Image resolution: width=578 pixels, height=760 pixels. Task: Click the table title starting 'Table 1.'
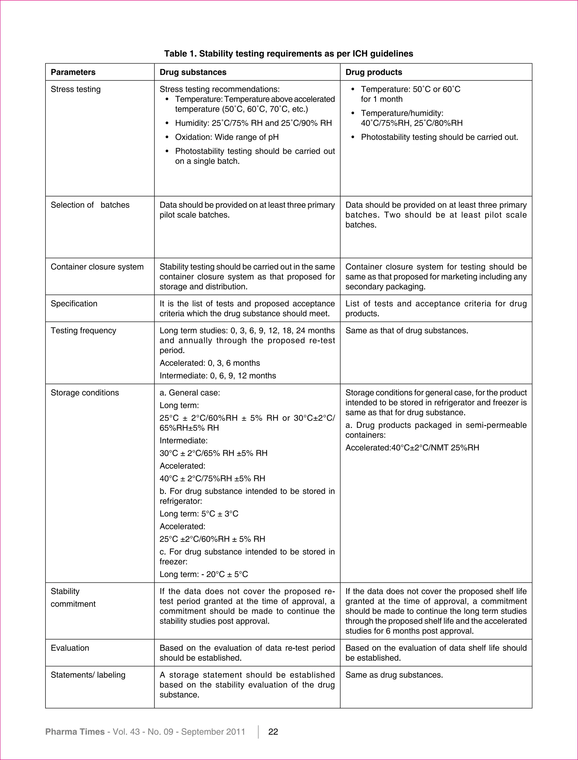[x=288, y=54]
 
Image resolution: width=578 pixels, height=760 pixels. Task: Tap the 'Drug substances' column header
[x=193, y=72]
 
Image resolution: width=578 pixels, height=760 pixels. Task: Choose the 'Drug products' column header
[x=374, y=72]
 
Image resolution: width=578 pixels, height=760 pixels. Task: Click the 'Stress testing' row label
[x=76, y=89]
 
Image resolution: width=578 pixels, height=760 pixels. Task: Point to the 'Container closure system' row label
[x=97, y=267]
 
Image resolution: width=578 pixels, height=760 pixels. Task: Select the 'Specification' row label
[x=74, y=303]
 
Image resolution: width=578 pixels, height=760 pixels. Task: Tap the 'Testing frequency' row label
[x=83, y=330]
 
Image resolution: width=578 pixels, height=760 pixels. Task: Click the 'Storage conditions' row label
[x=85, y=393]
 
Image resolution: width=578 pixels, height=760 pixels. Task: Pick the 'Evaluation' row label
[x=70, y=648]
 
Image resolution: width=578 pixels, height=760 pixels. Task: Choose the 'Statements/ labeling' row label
[x=88, y=675]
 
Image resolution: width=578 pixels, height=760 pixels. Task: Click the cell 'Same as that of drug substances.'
[x=407, y=330]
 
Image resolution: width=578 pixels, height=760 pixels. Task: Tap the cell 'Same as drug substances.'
[x=394, y=675]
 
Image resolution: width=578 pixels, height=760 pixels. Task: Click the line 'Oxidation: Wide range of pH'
[x=227, y=137]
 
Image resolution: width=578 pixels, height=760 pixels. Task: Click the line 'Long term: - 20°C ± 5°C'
[x=204, y=574]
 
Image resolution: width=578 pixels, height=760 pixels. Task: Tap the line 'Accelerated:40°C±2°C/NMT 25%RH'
[x=412, y=447]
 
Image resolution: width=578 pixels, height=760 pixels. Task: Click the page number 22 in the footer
[x=273, y=731]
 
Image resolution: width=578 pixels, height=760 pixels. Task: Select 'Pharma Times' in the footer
[x=75, y=731]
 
